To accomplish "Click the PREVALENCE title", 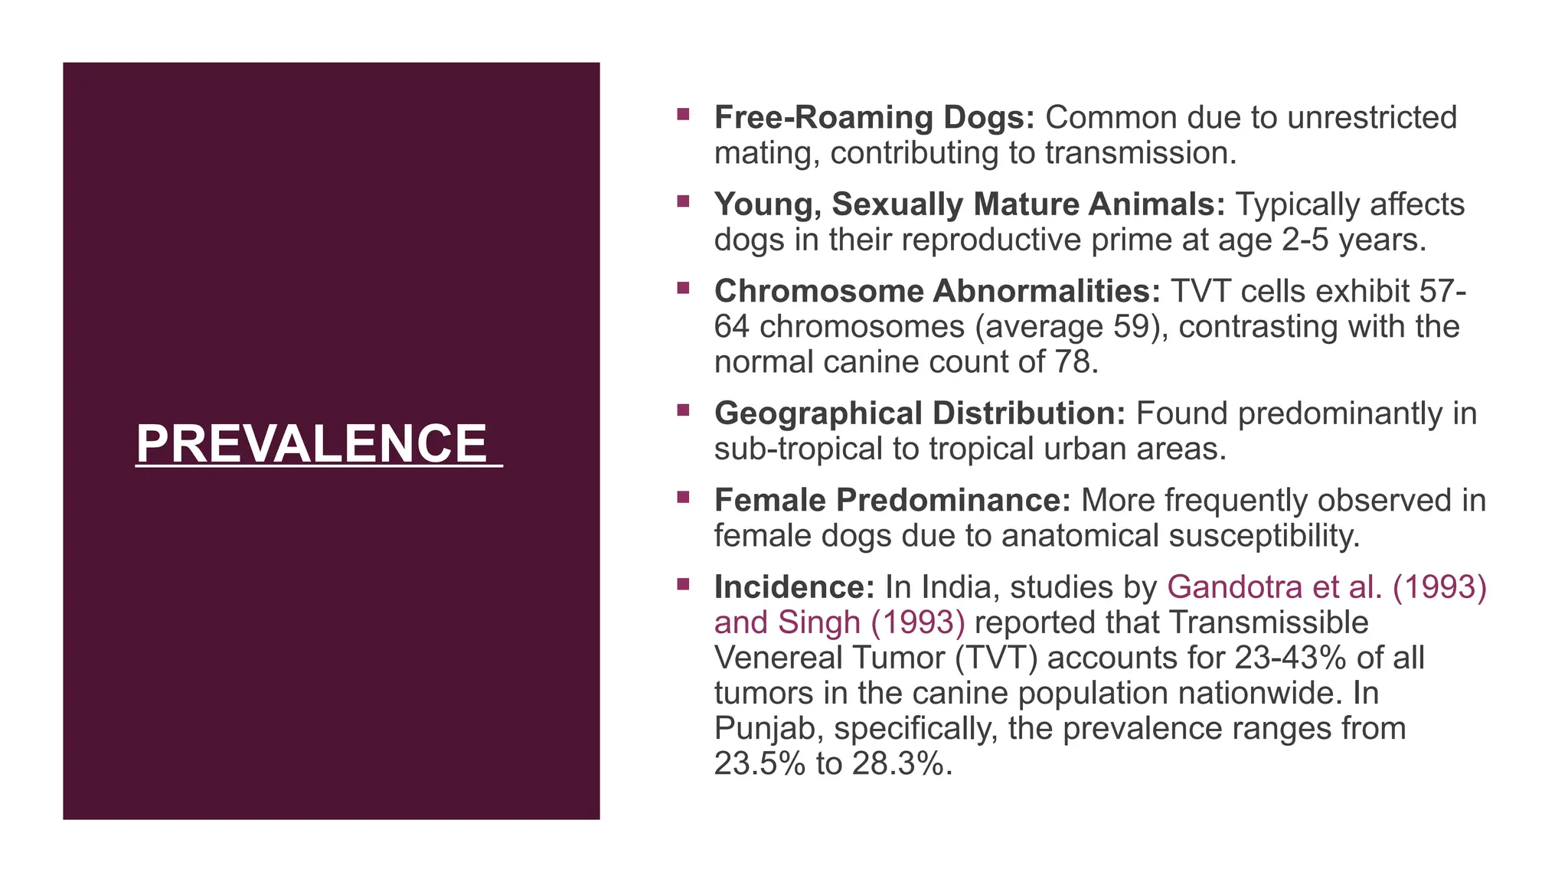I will (x=312, y=444).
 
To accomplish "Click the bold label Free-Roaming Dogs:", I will (x=874, y=118).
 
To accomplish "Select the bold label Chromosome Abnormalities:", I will (x=937, y=292).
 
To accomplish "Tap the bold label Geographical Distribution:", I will (x=920, y=413).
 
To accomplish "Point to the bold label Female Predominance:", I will (x=892, y=501).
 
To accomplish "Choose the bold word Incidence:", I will (x=794, y=587).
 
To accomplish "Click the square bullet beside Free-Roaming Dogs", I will (x=683, y=115).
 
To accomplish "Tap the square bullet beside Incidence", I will (x=683, y=585).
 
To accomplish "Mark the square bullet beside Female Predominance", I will (x=683, y=498).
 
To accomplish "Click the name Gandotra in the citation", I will (x=1234, y=587).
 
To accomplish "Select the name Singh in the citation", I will (x=819, y=622).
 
